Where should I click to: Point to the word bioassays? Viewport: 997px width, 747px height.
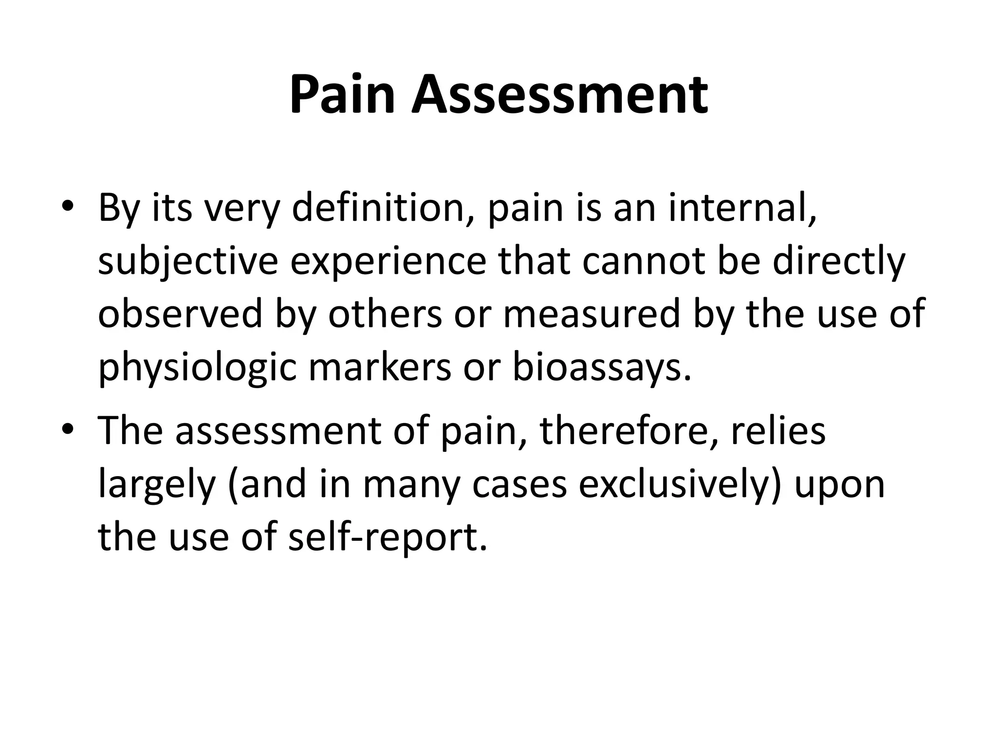pyautogui.click(x=601, y=368)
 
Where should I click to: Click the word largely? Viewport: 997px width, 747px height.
pyautogui.click(x=157, y=485)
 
